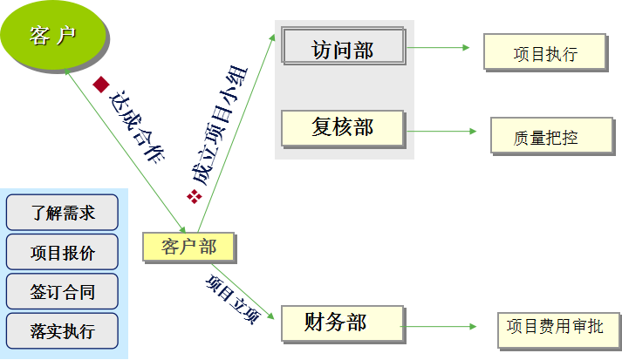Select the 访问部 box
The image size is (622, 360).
[x=344, y=50]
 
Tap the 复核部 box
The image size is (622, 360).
[x=343, y=127]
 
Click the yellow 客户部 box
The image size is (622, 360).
[x=190, y=247]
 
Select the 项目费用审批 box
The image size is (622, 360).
[x=555, y=328]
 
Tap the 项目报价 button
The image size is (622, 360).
[x=62, y=253]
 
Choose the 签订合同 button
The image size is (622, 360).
[x=62, y=292]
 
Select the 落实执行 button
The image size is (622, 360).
[x=62, y=331]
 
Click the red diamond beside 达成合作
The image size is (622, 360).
[x=100, y=85]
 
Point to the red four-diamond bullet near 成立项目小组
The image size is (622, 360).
[x=195, y=197]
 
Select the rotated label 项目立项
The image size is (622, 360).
[x=231, y=299]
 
